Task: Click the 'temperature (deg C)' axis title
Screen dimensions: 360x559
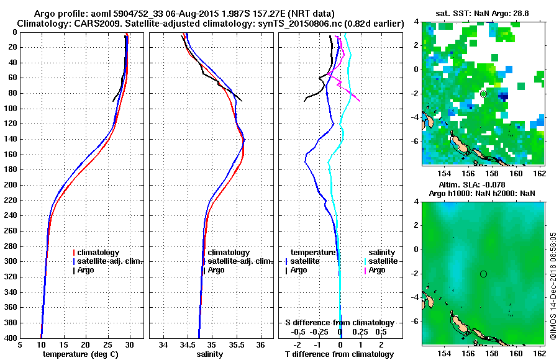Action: tap(81, 354)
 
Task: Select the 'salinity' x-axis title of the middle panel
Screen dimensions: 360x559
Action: tap(210, 354)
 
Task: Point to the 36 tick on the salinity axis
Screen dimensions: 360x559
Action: tap(260, 345)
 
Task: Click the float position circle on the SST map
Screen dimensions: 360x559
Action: tap(483, 94)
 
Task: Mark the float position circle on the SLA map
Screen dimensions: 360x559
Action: tap(483, 274)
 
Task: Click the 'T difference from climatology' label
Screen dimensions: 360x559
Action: tap(339, 354)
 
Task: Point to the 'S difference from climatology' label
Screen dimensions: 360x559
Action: tap(339, 323)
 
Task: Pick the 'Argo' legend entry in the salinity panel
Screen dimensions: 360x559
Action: tap(216, 270)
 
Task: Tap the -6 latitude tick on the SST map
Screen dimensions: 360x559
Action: tap(416, 141)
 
